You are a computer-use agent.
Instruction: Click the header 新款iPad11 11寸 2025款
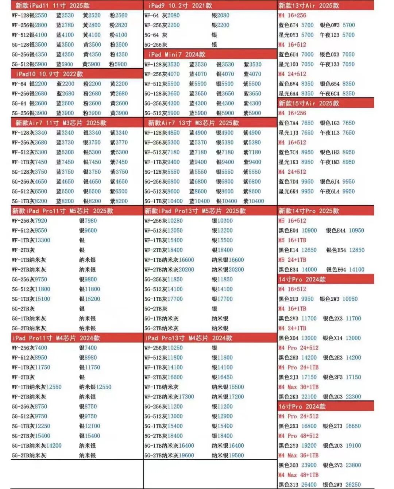pyautogui.click(x=53, y=5)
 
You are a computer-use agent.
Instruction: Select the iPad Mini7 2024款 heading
pyautogui.click(x=177, y=54)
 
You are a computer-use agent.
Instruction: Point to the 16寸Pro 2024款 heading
pyautogui.click(x=302, y=407)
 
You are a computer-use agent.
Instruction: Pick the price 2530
pyautogui.click(x=67, y=15)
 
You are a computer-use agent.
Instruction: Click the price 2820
pyautogui.click(x=121, y=25)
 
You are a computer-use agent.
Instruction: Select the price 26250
pyautogui.click(x=353, y=485)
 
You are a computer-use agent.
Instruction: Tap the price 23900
pyautogui.click(x=309, y=465)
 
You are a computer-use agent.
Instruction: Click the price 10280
pyautogui.click(x=175, y=221)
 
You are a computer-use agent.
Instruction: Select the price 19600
pyautogui.click(x=186, y=455)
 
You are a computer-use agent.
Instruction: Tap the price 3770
pyautogui.click(x=121, y=142)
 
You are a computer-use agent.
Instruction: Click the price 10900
pyautogui.click(x=309, y=231)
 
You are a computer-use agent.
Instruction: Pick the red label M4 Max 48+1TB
pyautogui.click(x=298, y=475)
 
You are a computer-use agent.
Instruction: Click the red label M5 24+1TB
pyautogui.click(x=292, y=260)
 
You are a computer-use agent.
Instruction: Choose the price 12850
pyautogui.click(x=356, y=250)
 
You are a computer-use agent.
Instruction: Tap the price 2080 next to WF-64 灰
pyautogui.click(x=173, y=15)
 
